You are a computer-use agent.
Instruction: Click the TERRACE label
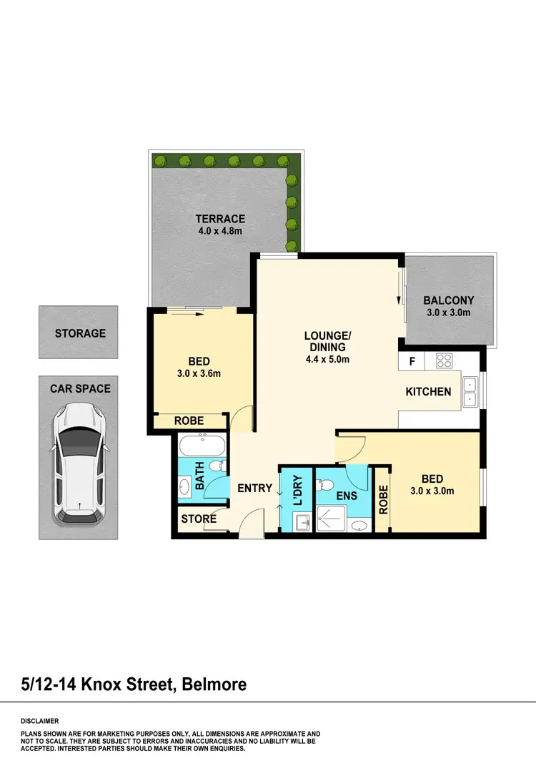pyautogui.click(x=221, y=219)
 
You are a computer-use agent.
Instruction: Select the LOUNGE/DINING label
pyautogui.click(x=327, y=341)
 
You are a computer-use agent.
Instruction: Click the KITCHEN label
pyautogui.click(x=428, y=391)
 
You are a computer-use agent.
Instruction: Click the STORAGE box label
pyautogui.click(x=80, y=333)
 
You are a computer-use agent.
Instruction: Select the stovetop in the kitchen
pyautogui.click(x=444, y=361)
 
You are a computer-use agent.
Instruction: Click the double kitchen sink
pyautogui.click(x=470, y=391)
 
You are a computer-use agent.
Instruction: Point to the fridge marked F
pyautogui.click(x=412, y=361)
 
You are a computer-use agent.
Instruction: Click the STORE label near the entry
pyautogui.click(x=198, y=519)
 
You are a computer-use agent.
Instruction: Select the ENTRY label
pyautogui.click(x=255, y=488)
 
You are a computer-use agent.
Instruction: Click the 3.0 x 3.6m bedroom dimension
pyautogui.click(x=198, y=373)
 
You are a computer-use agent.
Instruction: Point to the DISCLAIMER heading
pyautogui.click(x=40, y=721)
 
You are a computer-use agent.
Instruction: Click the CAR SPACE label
pyautogui.click(x=80, y=388)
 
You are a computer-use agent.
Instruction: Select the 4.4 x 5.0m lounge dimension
pyautogui.click(x=327, y=360)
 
